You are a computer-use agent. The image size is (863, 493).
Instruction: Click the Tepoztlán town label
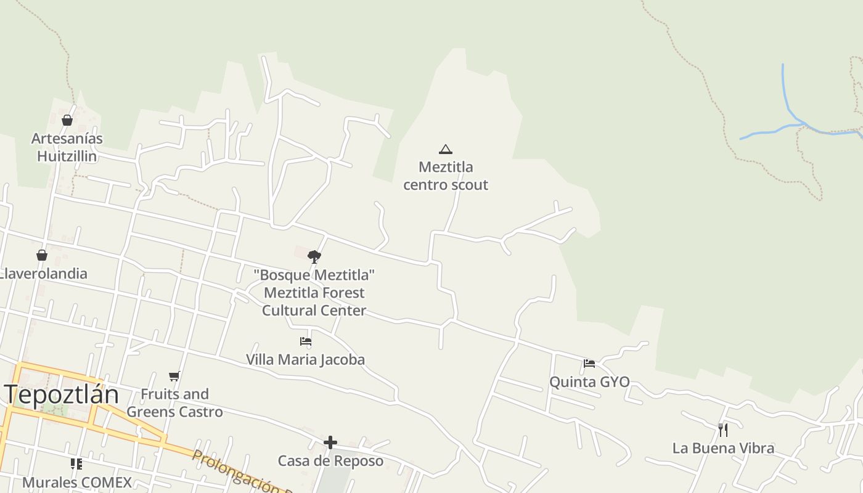62,394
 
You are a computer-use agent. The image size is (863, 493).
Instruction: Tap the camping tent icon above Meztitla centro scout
446,149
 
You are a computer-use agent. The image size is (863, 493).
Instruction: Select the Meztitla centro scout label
446,176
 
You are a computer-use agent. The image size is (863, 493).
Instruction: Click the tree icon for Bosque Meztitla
314,256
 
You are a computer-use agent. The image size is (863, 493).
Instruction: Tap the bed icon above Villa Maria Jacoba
306,341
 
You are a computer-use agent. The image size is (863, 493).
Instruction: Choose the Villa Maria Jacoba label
306,359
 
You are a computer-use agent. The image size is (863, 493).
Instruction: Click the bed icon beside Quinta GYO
589,364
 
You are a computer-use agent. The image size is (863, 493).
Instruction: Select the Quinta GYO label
589,382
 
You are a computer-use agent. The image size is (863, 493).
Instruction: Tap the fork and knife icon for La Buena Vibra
723,430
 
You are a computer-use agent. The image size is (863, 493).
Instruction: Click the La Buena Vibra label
723,448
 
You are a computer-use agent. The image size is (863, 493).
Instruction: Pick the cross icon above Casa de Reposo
330,442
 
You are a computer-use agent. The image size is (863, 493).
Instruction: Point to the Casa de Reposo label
330,461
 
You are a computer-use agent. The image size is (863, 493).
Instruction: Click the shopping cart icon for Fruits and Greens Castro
174,376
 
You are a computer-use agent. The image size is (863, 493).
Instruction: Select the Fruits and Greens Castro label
174,403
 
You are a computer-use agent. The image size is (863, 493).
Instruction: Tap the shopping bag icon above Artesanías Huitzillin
67,120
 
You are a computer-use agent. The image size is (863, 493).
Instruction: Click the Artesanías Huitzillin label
67,147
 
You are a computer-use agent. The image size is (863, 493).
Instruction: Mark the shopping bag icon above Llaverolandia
42,255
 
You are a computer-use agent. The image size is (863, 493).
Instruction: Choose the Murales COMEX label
77,482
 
